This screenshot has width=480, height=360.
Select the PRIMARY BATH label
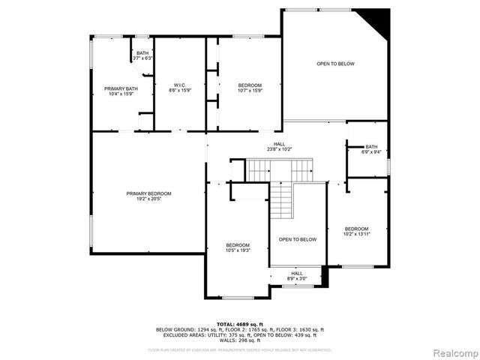121,88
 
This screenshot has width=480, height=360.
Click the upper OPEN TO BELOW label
334,64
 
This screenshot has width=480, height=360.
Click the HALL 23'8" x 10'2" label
279,146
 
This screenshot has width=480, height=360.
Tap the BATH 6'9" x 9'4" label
371,149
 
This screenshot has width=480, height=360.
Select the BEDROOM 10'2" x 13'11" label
357,231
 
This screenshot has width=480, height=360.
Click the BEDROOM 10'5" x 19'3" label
238,247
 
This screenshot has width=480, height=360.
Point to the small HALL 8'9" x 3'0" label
297,275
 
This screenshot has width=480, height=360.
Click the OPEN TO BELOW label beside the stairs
298,240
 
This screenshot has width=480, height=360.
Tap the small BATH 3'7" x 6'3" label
142,55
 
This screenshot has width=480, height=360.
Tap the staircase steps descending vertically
280,201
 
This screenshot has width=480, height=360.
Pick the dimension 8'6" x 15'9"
179,90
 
